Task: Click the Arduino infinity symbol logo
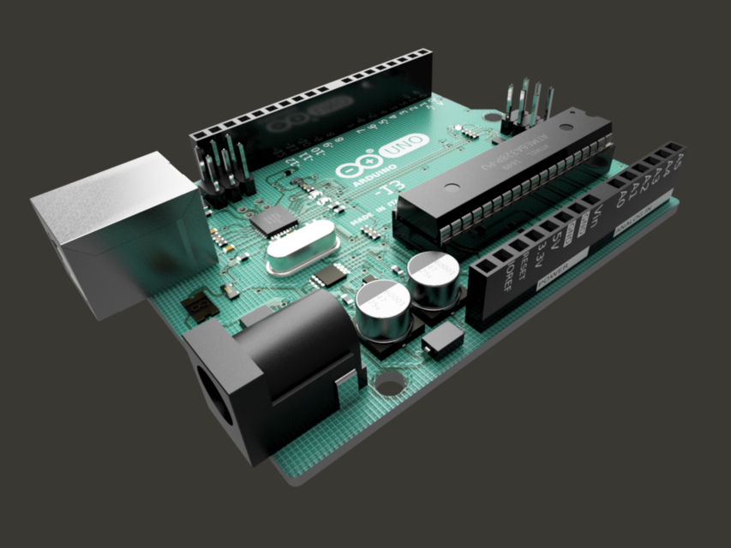click(x=357, y=168)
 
